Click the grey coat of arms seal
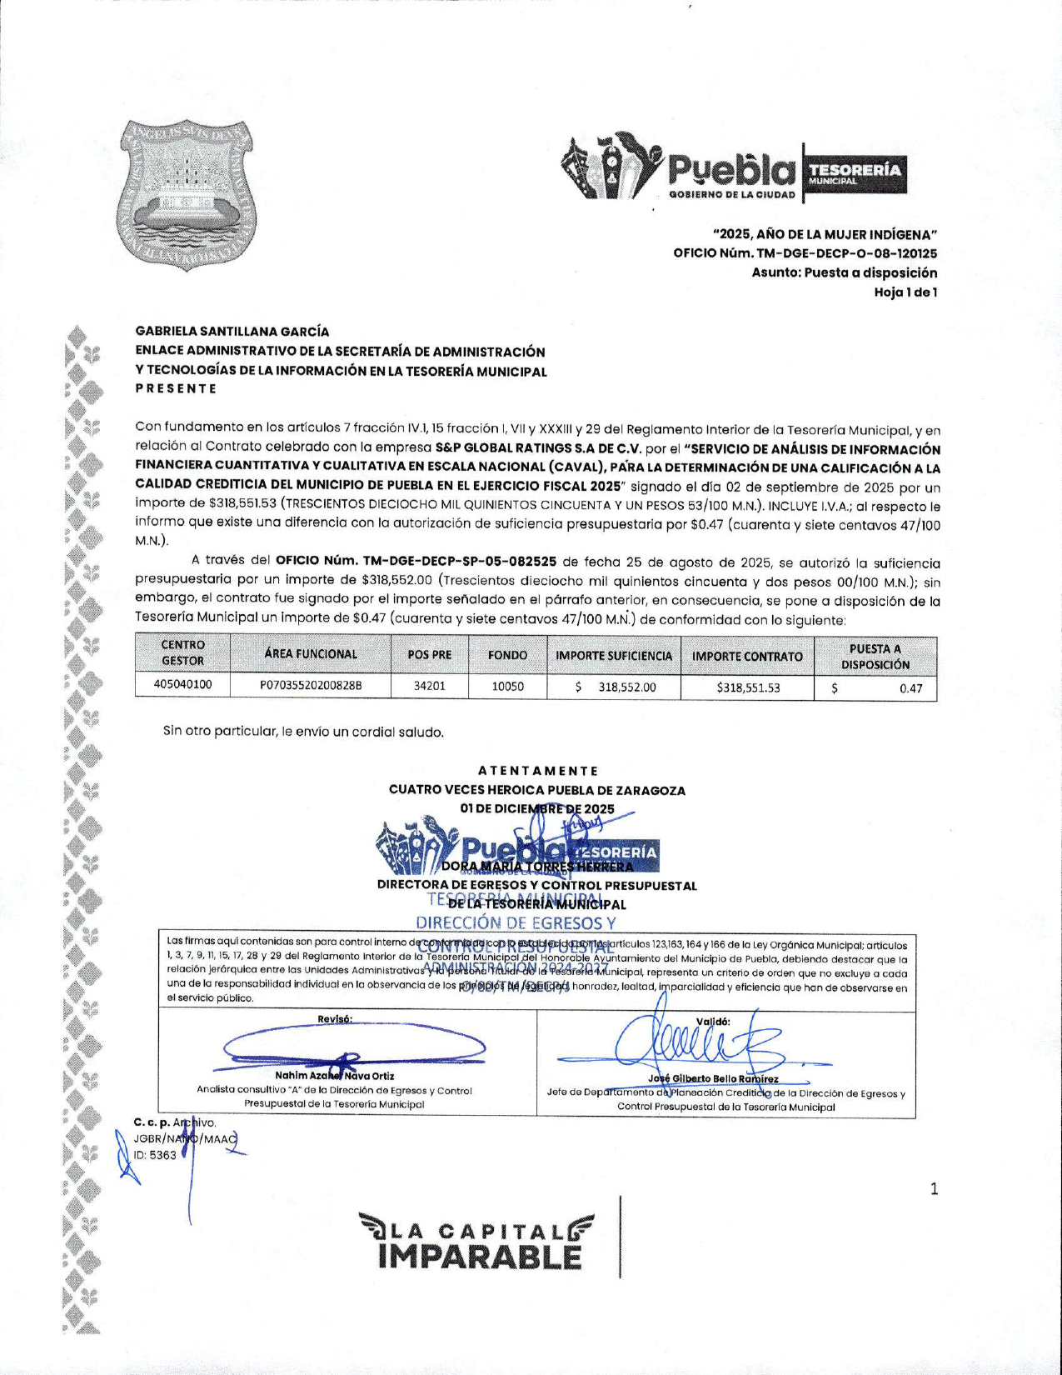pos(184,196)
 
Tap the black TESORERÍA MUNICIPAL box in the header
pos(855,173)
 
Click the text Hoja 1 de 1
pos(905,292)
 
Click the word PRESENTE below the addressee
pos(176,388)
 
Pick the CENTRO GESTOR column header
pos(182,652)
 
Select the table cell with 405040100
pos(182,685)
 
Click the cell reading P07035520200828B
pos(311,686)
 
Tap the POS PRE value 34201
pos(429,686)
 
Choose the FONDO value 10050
pos(507,686)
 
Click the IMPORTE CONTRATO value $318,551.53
pos(748,687)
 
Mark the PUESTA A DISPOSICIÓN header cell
pos(875,656)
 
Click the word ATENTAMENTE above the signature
pos(538,771)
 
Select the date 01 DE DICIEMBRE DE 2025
pos(537,808)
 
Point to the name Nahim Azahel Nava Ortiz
pos(335,1076)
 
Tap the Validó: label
pos(713,1021)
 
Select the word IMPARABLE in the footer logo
pos(481,1257)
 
